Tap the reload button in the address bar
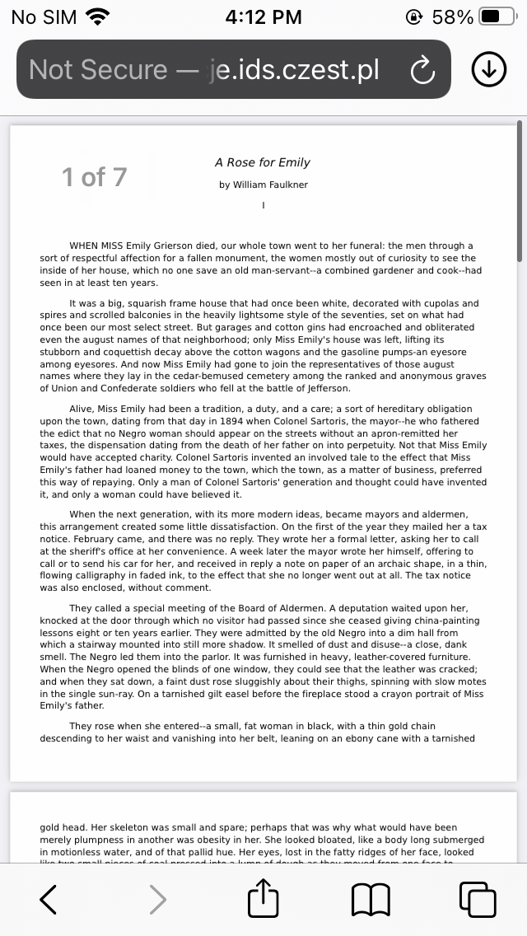coord(422,70)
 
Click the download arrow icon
coord(488,70)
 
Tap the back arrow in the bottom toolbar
coord(49,900)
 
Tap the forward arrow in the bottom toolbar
coord(158,900)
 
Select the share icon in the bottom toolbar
coord(263,898)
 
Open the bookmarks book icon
coord(371,900)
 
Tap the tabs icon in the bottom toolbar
coord(478,900)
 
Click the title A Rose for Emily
coord(263,162)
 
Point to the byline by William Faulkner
coord(263,185)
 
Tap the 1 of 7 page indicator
coord(95,176)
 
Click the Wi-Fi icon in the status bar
coord(97,16)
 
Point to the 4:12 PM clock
coord(263,16)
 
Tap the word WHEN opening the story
coord(84,246)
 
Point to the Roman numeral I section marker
coord(263,205)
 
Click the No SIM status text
coord(44,16)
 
